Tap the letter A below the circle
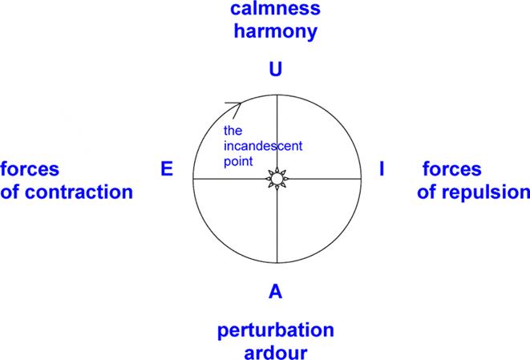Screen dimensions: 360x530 276,293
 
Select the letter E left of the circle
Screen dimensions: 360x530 167,169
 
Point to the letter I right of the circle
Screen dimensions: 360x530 382,169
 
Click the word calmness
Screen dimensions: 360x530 275,11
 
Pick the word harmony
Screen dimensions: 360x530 276,33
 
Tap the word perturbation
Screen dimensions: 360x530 275,330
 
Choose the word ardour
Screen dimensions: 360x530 276,351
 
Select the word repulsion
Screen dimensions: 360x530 485,192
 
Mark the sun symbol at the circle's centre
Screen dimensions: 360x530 277,178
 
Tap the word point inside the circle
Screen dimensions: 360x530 238,161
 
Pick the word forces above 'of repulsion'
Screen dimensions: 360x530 451,170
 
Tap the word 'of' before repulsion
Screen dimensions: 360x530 430,192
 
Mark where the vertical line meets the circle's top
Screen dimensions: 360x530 277,95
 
